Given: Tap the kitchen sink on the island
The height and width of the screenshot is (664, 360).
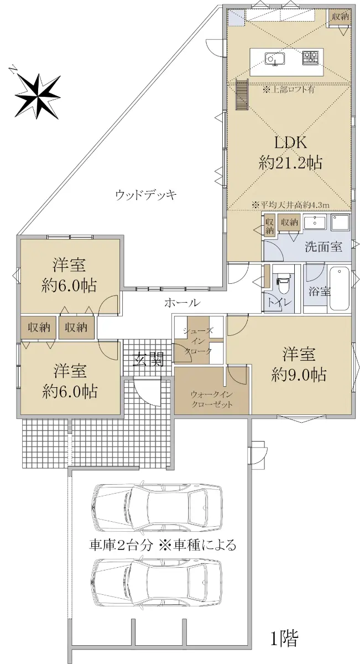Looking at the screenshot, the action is tap(275, 59).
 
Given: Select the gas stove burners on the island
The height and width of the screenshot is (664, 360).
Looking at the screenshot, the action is tap(310, 58).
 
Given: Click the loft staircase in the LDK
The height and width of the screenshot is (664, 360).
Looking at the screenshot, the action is tap(242, 95).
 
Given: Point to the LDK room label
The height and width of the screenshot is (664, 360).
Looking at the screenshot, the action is tap(290, 143).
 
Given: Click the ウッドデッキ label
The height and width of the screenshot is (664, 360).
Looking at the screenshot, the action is tap(146, 195).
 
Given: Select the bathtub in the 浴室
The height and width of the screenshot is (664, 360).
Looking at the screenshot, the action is tap(339, 289).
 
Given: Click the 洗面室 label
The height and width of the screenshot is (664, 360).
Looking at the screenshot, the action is tap(324, 247).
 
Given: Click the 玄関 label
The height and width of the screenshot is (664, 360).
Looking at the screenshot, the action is tap(148, 359).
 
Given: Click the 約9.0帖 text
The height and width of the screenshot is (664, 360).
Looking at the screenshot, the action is tap(299, 375).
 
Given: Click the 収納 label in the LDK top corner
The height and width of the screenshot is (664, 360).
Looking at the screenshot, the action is tap(341, 17).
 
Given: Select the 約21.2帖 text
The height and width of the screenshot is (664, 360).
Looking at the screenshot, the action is tap(290, 163).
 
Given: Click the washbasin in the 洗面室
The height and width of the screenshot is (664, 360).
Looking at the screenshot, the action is tap(315, 222).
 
